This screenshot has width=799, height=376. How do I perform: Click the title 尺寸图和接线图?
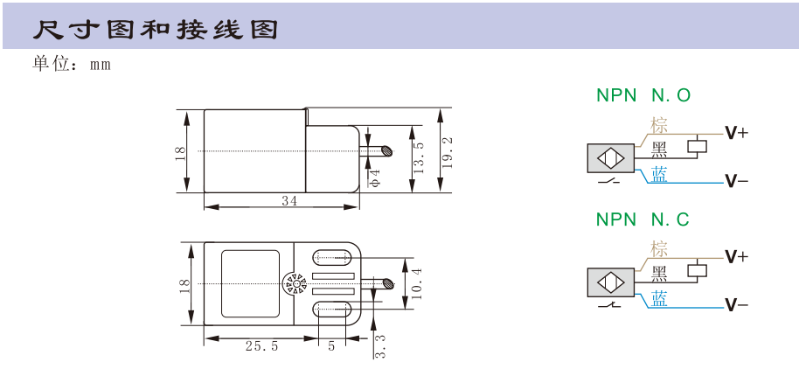point(156,30)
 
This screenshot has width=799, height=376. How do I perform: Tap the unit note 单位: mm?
point(72,64)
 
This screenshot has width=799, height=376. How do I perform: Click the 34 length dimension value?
point(289,201)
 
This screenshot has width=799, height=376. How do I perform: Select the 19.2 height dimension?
point(448,152)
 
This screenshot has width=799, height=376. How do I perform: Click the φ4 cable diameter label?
point(374,178)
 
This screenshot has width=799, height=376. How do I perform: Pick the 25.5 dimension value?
point(262,346)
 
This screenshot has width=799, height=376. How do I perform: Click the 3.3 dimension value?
point(380,346)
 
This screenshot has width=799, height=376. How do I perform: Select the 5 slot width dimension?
point(331,346)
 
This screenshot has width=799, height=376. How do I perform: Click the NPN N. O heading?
point(643,95)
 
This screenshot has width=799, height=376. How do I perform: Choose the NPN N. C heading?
point(643,219)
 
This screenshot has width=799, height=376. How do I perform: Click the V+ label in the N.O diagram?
point(737,133)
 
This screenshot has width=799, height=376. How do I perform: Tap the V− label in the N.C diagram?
point(737,305)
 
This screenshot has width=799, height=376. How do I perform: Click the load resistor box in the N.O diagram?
point(697,146)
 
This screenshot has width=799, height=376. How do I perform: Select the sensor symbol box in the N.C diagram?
point(611,282)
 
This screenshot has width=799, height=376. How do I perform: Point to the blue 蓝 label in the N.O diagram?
point(659,176)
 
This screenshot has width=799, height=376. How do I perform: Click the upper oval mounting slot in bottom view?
point(332,258)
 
